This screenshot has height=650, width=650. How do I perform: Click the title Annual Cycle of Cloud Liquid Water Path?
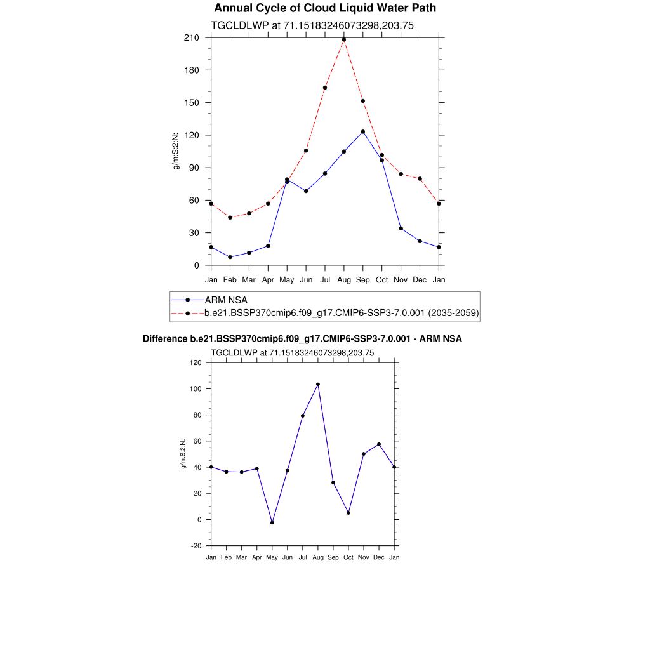325,8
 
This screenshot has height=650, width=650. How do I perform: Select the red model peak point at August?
344,39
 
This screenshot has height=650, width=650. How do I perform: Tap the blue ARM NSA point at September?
363,131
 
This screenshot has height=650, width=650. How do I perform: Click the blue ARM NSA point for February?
230,257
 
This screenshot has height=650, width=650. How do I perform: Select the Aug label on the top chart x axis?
344,279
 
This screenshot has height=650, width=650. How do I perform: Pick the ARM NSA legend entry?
226,300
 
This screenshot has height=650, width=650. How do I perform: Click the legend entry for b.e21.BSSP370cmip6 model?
342,313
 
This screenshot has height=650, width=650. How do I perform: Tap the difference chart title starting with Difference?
302,339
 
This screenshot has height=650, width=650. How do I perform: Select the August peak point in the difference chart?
318,384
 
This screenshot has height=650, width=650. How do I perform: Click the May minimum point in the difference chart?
272,522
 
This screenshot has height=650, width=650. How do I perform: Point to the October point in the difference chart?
348,513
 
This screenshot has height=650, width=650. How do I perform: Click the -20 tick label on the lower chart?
196,546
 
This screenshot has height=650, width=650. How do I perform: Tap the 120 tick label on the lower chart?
196,362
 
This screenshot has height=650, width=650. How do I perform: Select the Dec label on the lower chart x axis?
379,557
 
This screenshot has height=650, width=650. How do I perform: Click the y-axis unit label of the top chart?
176,152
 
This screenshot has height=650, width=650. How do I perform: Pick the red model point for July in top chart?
325,88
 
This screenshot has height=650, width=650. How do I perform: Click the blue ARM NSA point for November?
401,229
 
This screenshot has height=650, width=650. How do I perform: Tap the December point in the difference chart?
379,444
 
